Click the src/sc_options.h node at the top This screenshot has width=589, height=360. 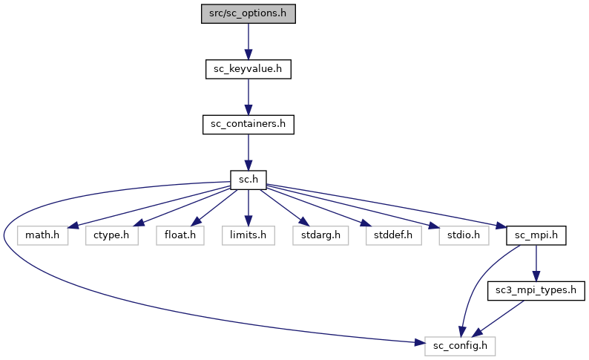248,14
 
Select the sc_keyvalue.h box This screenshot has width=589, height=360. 248,69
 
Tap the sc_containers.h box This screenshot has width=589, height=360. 248,124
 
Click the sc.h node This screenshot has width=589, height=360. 248,180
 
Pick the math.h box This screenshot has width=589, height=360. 43,235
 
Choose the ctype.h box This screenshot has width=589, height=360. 111,235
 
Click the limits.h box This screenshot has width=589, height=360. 248,235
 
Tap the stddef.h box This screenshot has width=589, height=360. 392,235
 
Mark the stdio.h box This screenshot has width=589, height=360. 459,235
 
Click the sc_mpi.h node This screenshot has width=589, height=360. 536,235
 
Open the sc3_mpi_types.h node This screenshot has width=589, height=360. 536,290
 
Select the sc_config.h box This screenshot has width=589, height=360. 460,346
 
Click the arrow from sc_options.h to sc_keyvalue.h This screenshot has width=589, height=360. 248,42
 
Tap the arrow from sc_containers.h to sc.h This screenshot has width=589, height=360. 248,151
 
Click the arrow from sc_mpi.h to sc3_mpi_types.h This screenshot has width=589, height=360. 536,263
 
